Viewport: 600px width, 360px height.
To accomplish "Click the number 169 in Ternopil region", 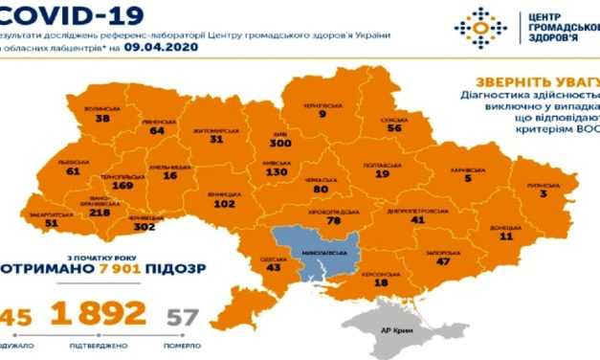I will [x=122, y=188].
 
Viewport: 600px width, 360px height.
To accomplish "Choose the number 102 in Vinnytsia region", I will [x=222, y=203].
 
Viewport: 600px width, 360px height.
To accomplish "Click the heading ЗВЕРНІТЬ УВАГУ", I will [x=529, y=83].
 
